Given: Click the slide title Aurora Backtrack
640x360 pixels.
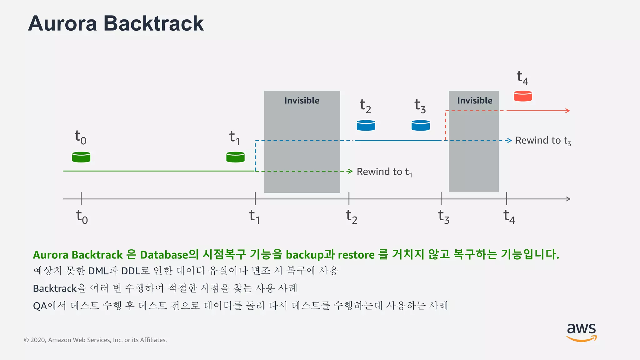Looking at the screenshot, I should (116, 24).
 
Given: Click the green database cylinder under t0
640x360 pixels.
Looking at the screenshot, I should (81, 157).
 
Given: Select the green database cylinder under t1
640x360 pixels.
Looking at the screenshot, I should (235, 157).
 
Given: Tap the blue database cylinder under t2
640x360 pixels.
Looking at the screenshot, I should (366, 125).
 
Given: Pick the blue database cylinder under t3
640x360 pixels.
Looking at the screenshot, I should (420, 125).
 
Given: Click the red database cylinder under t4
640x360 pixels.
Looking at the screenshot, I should (523, 96).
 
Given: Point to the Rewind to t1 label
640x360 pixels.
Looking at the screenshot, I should (384, 172).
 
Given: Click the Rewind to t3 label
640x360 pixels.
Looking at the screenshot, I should (543, 141).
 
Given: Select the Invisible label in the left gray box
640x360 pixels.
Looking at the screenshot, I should (302, 101).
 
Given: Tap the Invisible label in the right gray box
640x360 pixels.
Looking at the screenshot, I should (474, 101).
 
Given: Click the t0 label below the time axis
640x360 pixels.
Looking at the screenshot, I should (82, 217).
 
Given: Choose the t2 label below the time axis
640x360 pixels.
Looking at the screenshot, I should (351, 217).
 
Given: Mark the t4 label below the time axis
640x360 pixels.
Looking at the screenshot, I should (509, 217).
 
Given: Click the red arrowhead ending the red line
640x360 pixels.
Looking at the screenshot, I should (568, 111).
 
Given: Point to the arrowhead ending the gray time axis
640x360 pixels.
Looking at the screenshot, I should (568, 199).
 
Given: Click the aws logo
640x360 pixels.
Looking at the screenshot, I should (581, 332).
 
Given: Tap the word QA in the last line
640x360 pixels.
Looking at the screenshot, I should (40, 306).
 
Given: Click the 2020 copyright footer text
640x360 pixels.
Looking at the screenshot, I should (95, 340).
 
